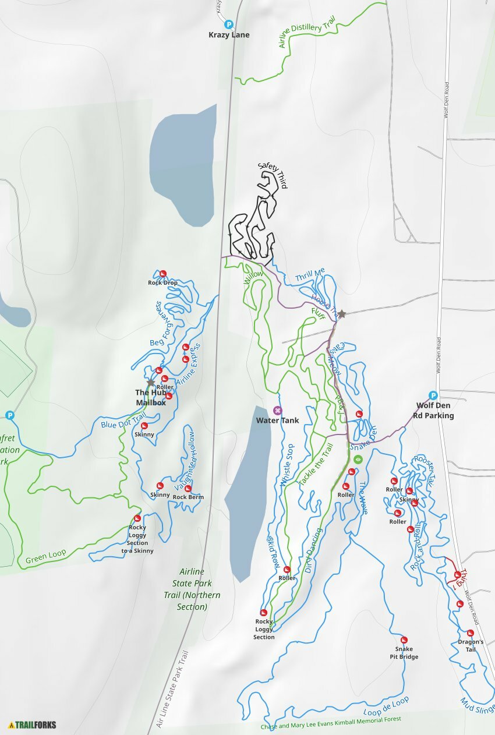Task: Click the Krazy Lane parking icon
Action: (x=229, y=25)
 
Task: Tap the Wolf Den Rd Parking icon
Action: (x=433, y=395)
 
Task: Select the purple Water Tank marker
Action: (x=277, y=410)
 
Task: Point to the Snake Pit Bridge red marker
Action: (x=404, y=639)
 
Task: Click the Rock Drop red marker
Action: (x=163, y=273)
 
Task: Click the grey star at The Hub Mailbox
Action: (x=151, y=383)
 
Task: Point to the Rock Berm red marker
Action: (x=188, y=488)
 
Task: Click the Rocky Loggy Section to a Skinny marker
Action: (x=137, y=518)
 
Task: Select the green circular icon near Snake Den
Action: (x=358, y=460)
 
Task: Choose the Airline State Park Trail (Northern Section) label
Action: (x=192, y=589)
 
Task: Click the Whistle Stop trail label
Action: (x=287, y=465)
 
